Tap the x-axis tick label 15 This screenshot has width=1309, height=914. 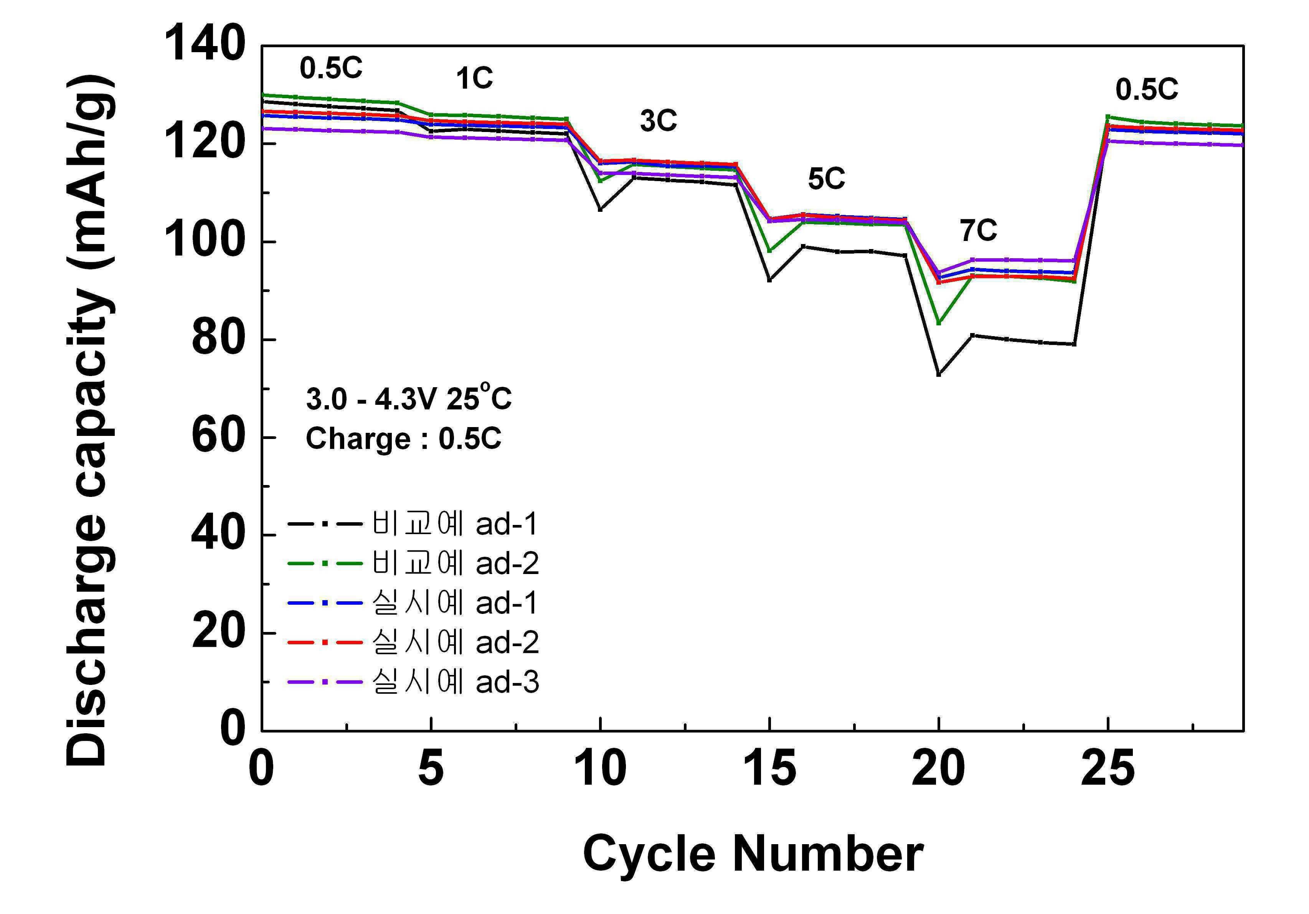pos(770,769)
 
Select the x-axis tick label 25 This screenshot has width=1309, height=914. pos(1108,769)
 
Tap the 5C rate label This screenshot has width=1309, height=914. pos(826,179)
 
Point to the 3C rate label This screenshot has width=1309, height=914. pos(659,121)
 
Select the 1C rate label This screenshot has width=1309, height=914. pos(474,78)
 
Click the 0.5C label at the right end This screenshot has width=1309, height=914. pos(1147,89)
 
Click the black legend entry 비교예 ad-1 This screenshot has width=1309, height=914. pos(413,523)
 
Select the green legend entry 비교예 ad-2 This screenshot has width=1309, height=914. pos(413,563)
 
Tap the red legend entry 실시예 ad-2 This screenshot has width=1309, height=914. pos(413,642)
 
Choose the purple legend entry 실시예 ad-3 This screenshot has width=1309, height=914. pos(413,681)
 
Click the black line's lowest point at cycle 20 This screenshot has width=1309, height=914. pos(938,374)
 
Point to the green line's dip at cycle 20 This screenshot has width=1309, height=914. pos(938,323)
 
